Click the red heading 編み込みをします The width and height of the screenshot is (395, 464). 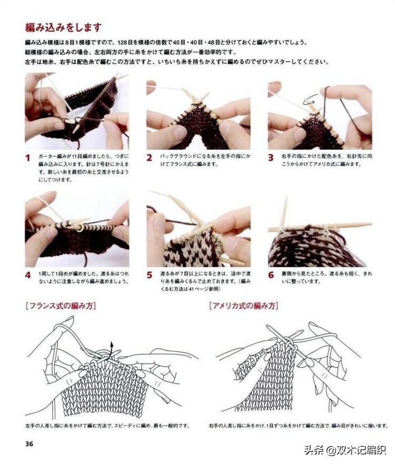pos(63,27)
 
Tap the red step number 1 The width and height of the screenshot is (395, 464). pos(28,157)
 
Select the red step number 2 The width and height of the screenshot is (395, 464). pos(149,157)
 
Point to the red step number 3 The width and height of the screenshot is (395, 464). pos(271,157)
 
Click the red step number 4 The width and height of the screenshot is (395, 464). pos(28,275)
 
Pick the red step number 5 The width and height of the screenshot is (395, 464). pos(149,275)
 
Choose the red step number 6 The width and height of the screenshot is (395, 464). pos(271,275)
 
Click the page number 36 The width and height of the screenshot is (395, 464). pos(29,443)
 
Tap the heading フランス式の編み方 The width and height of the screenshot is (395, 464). pos(61,305)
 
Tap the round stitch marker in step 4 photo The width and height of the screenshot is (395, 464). pos(80,228)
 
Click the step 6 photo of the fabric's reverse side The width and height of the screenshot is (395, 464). pos(320,232)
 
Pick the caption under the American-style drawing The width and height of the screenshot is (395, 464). pos(298,426)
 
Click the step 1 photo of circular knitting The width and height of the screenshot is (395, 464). pos(76,111)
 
